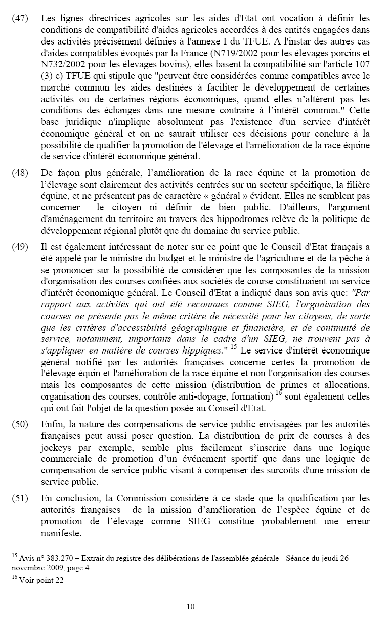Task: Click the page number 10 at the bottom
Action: (x=190, y=607)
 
